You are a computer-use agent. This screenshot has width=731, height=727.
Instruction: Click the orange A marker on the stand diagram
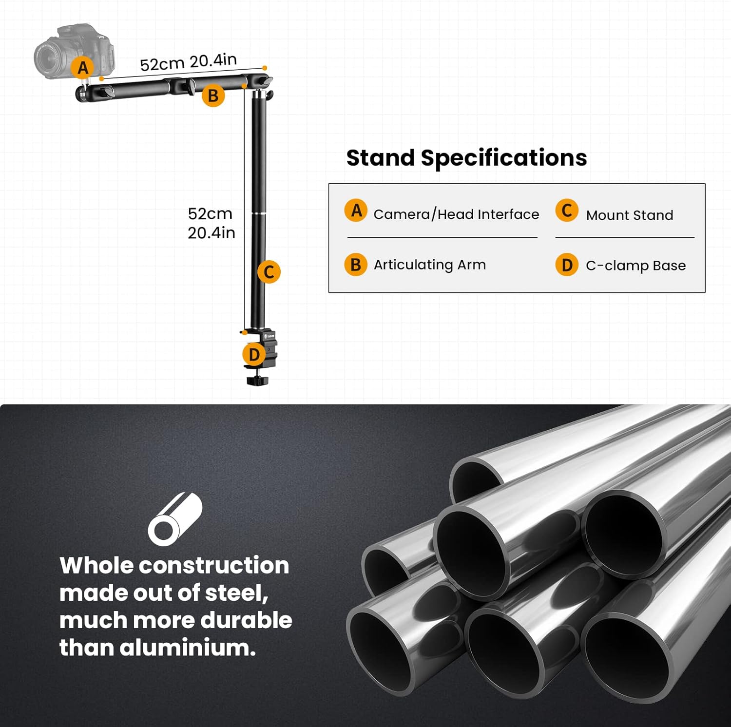(x=83, y=68)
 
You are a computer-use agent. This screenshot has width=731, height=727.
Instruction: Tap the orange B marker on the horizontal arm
(x=213, y=96)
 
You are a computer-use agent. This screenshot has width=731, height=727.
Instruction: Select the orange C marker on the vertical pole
(x=269, y=272)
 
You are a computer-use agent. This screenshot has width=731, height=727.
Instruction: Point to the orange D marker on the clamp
(x=254, y=355)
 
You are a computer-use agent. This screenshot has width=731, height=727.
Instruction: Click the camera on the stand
(x=74, y=51)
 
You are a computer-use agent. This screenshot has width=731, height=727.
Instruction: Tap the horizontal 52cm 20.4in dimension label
(x=188, y=62)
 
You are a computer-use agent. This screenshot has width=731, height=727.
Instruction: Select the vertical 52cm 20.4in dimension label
(x=212, y=223)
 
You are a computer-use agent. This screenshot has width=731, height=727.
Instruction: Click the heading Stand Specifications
(x=466, y=158)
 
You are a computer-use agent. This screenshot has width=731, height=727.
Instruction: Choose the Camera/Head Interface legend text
(x=456, y=214)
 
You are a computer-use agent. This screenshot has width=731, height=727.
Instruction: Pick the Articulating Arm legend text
(x=429, y=265)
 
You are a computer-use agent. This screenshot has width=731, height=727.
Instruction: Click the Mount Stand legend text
(x=629, y=215)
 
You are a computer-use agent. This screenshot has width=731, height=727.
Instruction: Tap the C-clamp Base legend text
(x=635, y=266)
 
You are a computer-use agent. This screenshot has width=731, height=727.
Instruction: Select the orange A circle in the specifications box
(x=356, y=210)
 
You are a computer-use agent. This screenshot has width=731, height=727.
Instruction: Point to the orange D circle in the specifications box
(x=567, y=265)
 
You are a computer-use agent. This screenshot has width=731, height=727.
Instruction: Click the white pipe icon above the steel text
(x=175, y=519)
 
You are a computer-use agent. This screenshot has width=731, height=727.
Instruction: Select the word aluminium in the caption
(x=188, y=648)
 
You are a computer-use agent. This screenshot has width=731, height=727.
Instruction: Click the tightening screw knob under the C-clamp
(x=257, y=380)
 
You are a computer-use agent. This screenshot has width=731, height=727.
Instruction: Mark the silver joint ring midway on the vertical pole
(x=259, y=213)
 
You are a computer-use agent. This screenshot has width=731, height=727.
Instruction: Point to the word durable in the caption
(x=246, y=620)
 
